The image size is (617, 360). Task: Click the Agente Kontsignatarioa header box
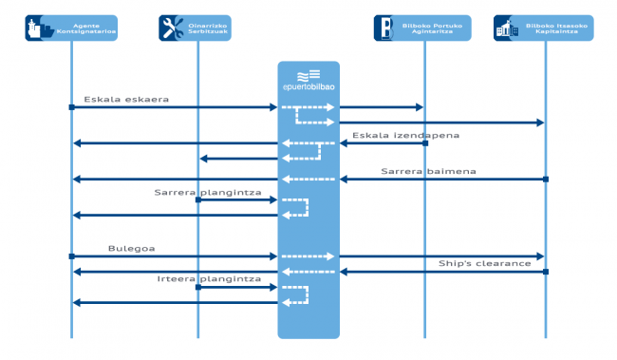[x=71, y=28]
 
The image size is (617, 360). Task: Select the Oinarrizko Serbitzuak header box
[x=197, y=28]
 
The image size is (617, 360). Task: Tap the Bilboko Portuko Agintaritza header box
[x=424, y=28]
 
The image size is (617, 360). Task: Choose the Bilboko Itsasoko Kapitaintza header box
[x=544, y=28]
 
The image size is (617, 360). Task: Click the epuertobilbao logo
[x=308, y=82]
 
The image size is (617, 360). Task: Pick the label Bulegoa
[x=131, y=248]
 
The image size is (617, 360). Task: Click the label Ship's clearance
[x=484, y=263]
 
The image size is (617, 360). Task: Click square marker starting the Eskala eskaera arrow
[x=71, y=107]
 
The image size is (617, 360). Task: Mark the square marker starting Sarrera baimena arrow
[x=545, y=180]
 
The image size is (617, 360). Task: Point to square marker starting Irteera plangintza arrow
[x=197, y=287]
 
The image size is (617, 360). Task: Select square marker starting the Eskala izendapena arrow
[x=424, y=143]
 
